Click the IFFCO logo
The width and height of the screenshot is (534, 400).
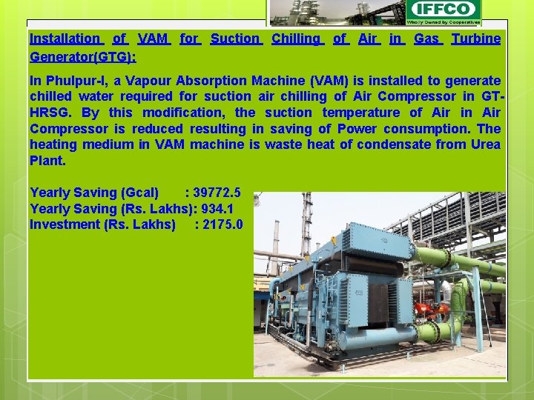pyautogui.click(x=443, y=10)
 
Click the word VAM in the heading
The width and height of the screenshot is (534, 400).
pyautogui.click(x=154, y=39)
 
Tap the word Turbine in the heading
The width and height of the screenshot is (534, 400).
pyautogui.click(x=476, y=39)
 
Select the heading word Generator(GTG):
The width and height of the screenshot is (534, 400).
pyautogui.click(x=82, y=56)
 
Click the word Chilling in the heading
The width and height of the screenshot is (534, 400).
pyautogui.click(x=297, y=39)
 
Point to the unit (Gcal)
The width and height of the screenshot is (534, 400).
pyautogui.click(x=139, y=193)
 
